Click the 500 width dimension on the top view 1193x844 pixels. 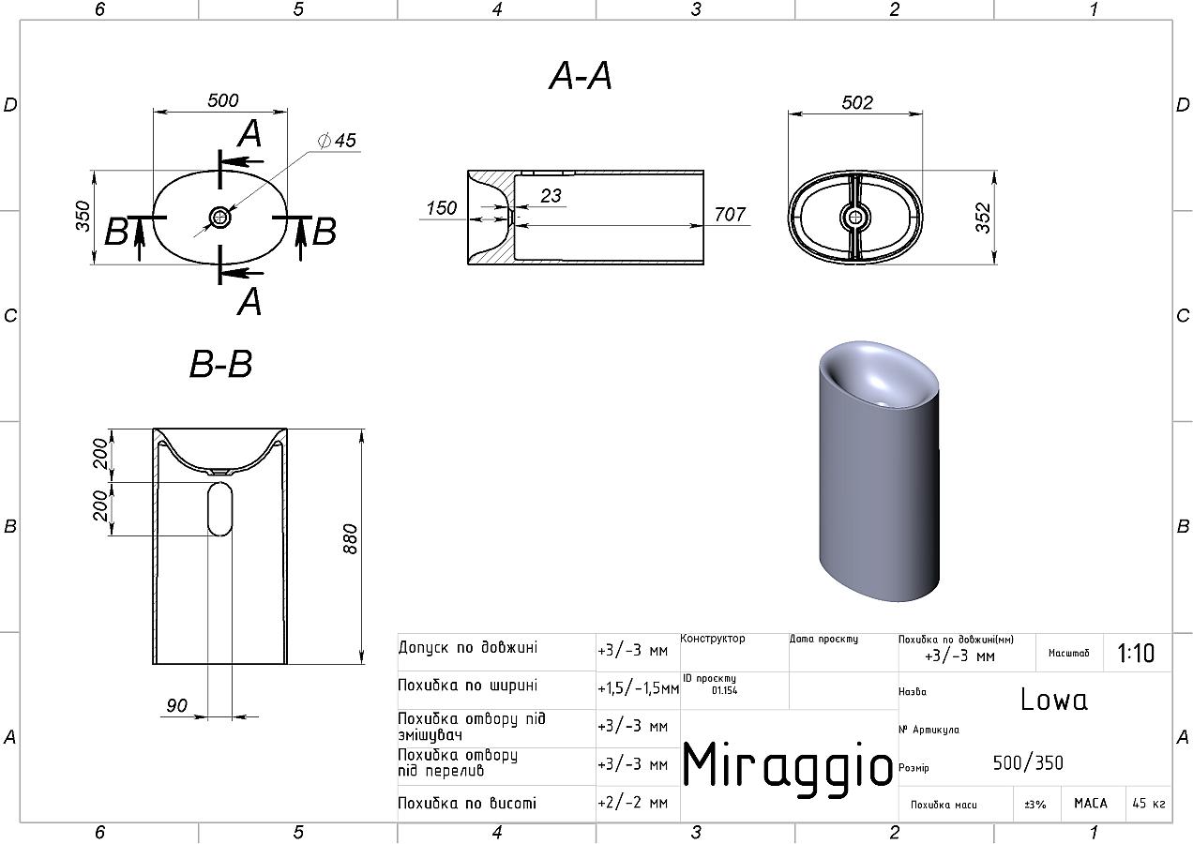click(222, 100)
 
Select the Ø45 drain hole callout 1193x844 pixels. click(337, 141)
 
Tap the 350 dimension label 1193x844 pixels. click(83, 216)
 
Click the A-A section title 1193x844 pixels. click(581, 76)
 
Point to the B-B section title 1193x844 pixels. click(220, 365)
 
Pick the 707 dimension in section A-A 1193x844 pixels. click(730, 214)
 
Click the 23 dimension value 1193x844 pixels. click(551, 196)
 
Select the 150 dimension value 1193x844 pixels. click(441, 207)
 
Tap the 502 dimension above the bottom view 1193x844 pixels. click(857, 102)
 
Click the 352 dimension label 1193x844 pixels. click(983, 218)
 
